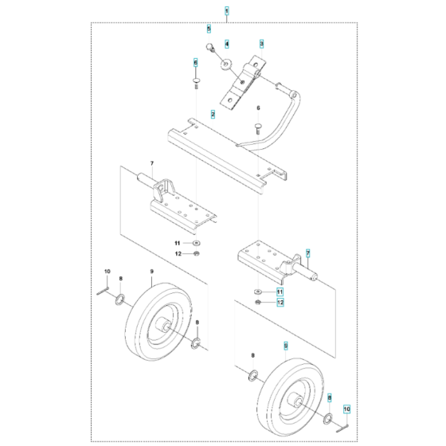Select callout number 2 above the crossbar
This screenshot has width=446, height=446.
[213, 115]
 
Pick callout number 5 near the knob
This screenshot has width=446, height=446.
[209, 29]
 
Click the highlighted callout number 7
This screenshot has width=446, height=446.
[308, 252]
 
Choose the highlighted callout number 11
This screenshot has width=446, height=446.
[280, 292]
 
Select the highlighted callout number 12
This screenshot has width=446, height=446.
[280, 303]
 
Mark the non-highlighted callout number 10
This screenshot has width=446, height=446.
[108, 273]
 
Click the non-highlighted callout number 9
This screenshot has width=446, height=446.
[151, 273]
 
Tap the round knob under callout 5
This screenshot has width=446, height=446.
[213, 49]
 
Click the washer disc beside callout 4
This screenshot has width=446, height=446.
[226, 64]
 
